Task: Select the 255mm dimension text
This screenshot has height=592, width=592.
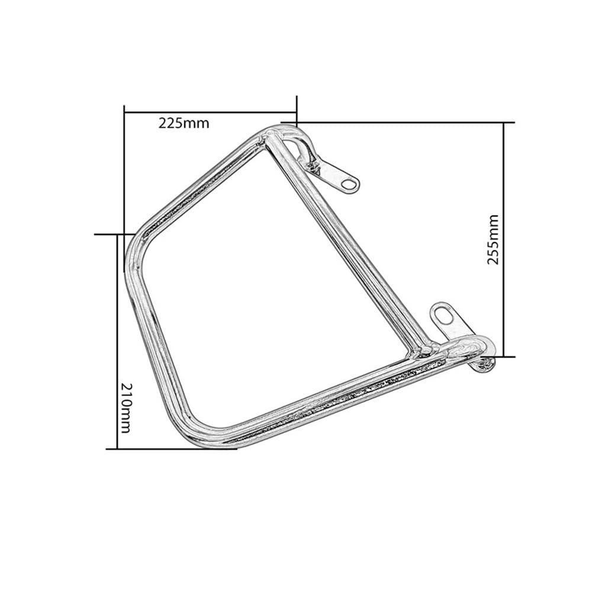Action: coord(493,240)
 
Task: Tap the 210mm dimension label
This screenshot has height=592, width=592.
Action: coord(124,408)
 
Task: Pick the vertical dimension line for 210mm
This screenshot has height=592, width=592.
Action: coord(117,340)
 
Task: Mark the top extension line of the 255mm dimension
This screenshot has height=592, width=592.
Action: coord(403,123)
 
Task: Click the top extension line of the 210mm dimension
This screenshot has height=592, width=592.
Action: coord(110,234)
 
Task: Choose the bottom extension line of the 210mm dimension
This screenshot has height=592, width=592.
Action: coord(178,448)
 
